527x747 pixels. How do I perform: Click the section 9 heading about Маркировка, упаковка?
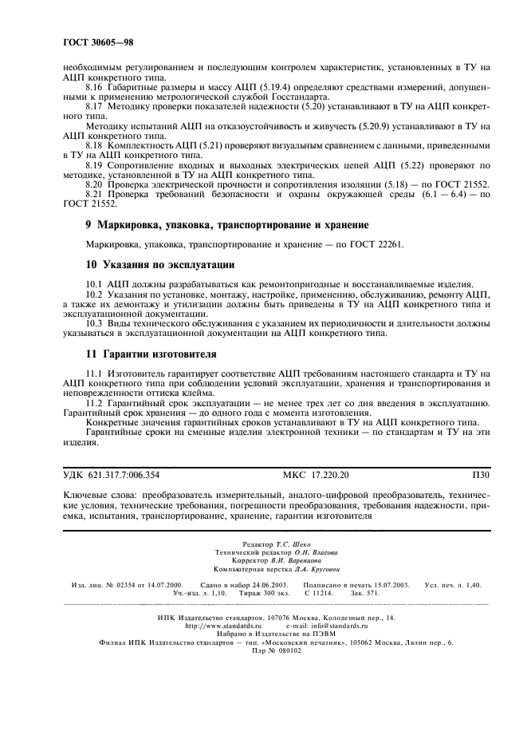(x=226, y=225)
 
